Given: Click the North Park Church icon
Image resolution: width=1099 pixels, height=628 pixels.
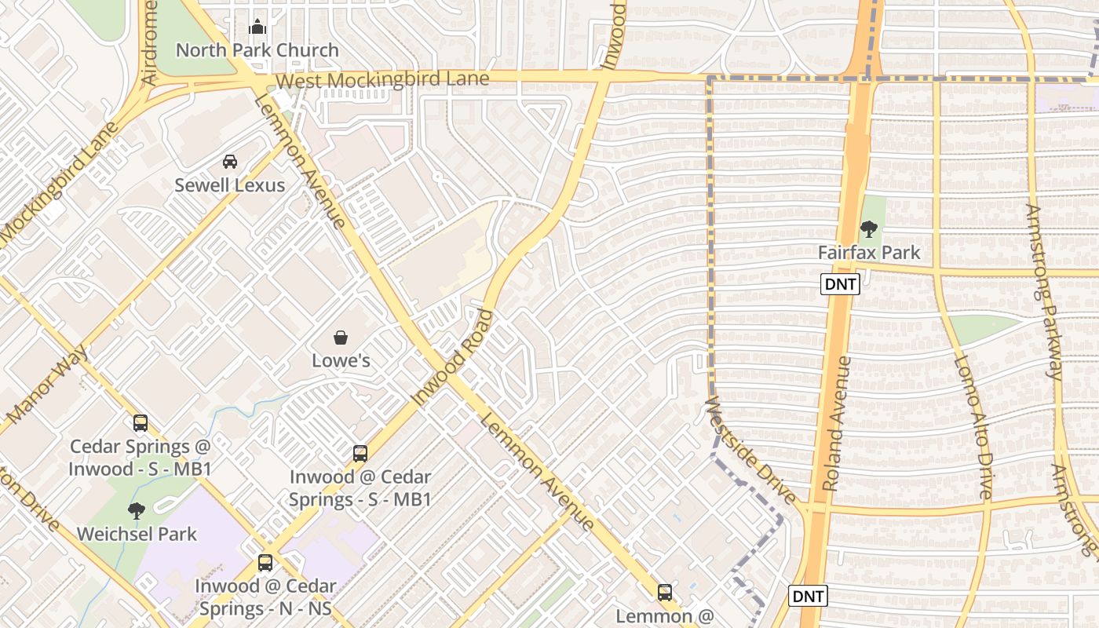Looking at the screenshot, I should [257, 27].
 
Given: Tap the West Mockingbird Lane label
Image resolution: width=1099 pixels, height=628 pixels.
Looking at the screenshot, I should [383, 79].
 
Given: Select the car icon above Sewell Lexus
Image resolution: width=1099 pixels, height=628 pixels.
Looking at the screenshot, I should [229, 162].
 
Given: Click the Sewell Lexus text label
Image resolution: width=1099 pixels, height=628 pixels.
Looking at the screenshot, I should [229, 185].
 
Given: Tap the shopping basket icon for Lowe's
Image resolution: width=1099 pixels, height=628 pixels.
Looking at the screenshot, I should [341, 338].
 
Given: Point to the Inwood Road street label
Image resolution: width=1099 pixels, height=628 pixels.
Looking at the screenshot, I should [453, 358].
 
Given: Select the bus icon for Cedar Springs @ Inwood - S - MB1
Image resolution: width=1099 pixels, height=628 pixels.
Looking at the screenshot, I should [141, 423].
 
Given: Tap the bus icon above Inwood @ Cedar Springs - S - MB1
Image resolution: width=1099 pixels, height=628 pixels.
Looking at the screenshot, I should [360, 453].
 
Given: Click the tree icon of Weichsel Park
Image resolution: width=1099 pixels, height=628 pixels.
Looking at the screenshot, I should [137, 511].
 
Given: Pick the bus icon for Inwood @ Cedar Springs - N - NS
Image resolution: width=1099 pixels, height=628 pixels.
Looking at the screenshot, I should [265, 562].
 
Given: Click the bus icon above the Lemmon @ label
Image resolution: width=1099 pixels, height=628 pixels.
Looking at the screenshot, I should [665, 592].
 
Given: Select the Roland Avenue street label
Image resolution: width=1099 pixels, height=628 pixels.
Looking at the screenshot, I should [838, 424].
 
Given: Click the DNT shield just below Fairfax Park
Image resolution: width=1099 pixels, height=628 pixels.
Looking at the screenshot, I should [840, 284].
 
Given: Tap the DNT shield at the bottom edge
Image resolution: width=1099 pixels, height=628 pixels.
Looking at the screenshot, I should [808, 596].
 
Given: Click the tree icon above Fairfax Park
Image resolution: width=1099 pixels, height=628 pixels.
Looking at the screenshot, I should [868, 229].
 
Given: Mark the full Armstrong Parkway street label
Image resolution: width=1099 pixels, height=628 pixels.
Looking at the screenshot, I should [1044, 291].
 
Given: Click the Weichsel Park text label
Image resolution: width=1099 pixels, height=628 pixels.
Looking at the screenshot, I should [137, 534].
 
